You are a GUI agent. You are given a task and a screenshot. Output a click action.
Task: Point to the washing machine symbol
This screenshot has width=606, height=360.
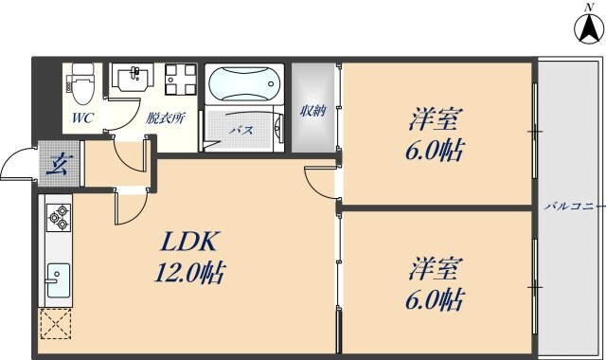click(178, 80)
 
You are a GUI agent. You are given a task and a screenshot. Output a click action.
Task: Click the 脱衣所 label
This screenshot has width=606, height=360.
click(165, 119)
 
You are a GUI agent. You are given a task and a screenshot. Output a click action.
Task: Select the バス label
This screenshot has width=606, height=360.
click(241, 130)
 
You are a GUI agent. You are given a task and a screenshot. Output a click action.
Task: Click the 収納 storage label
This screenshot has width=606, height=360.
click(312, 112)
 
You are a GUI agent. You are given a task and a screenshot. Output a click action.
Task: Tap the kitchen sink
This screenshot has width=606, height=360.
click(57, 280)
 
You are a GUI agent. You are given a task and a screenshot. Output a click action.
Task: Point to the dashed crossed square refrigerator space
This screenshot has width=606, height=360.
click(56, 325)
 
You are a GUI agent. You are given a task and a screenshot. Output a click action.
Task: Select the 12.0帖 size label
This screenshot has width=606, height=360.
click(189, 275)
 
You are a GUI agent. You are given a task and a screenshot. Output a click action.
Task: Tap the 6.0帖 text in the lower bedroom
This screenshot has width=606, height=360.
click(437, 301)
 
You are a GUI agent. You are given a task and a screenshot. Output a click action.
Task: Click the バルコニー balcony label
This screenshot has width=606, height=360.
click(572, 206)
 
